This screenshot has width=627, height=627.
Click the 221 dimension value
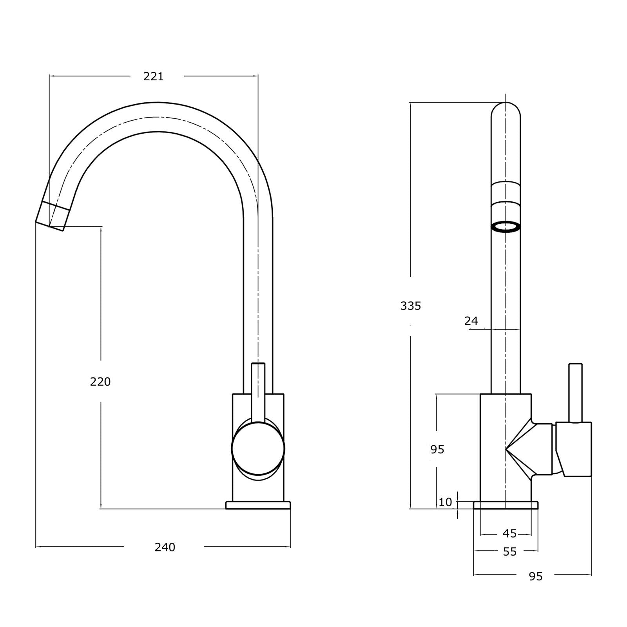[x=153, y=76]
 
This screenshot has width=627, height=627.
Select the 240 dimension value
[x=165, y=547]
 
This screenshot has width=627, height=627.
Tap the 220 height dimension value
[x=100, y=381]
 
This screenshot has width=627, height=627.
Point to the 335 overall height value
[x=410, y=305]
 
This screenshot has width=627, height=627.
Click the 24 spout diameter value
[x=471, y=321]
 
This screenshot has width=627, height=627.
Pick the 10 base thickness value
[x=445, y=502]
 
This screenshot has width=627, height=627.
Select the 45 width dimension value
[x=509, y=533]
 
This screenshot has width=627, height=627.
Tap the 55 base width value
[x=509, y=551]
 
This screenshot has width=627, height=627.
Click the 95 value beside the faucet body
[x=437, y=449]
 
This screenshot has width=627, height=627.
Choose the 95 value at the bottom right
[x=535, y=576]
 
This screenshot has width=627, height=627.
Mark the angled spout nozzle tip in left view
[x=53, y=216]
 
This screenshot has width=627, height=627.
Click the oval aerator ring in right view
[x=506, y=227]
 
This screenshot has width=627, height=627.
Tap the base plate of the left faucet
[x=258, y=505]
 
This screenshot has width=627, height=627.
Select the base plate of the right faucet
[x=506, y=505]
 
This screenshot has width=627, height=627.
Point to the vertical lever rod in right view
[x=575, y=392]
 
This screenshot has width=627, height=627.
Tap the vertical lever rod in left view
[x=258, y=388]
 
